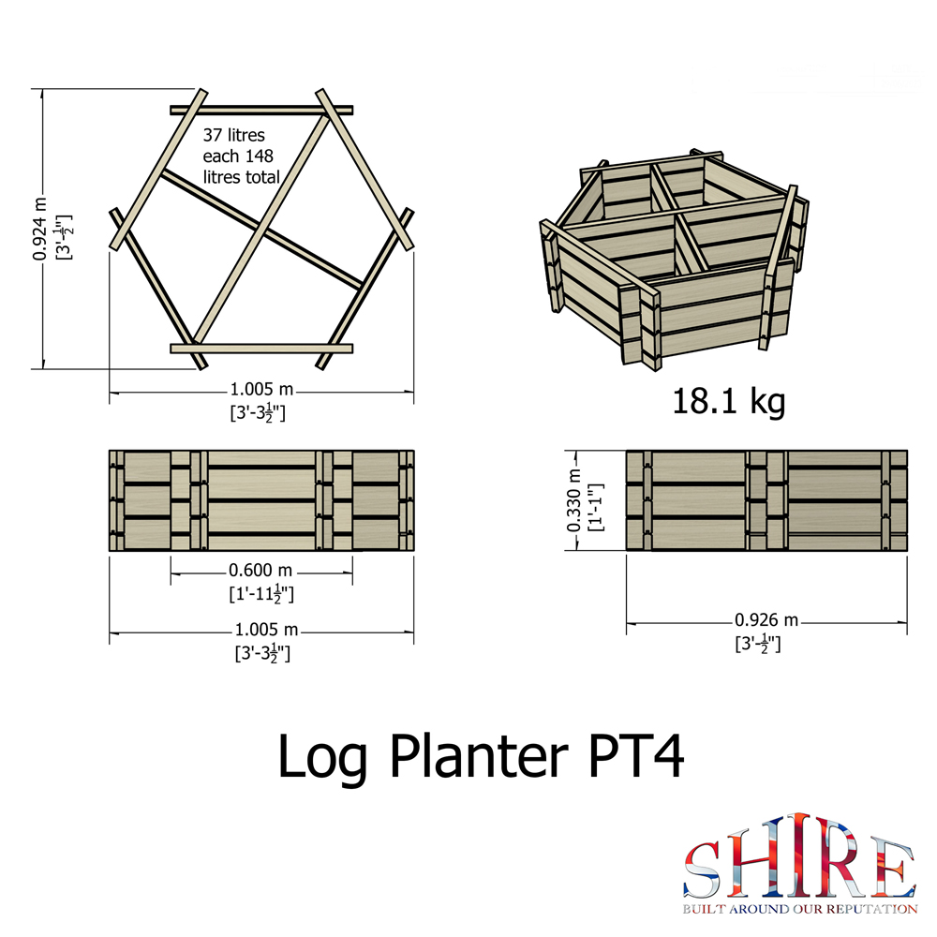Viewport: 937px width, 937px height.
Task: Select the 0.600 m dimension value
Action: [x=260, y=571]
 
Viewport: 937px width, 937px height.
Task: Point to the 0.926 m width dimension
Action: [x=766, y=620]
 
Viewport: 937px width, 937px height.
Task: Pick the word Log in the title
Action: [x=323, y=757]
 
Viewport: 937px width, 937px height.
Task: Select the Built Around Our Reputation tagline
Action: [x=798, y=909]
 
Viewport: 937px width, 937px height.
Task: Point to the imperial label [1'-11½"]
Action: [x=261, y=594]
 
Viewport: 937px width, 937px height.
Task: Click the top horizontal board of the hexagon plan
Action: [x=262, y=110]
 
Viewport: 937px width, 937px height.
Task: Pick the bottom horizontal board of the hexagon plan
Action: [x=262, y=349]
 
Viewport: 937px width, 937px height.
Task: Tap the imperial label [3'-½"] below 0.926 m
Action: [x=758, y=644]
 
